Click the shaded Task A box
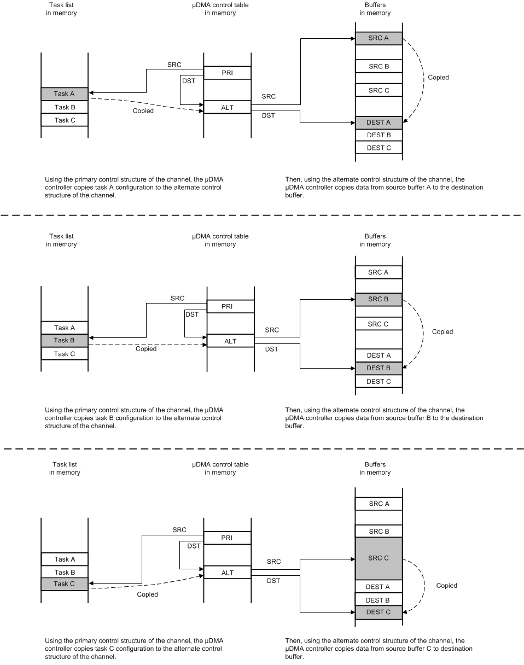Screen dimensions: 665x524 click(65, 94)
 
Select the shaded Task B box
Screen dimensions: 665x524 click(65, 340)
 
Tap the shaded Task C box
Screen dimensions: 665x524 click(65, 584)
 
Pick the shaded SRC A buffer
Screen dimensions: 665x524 click(379, 38)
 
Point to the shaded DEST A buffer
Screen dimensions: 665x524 click(379, 122)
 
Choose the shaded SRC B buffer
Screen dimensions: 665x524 click(379, 299)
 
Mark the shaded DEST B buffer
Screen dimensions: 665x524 click(379, 368)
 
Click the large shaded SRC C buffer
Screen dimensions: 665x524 click(379, 558)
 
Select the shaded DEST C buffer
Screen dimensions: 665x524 click(379, 612)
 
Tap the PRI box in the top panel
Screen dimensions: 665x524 click(227, 73)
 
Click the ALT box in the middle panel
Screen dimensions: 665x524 click(230, 341)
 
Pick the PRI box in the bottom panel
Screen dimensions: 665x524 click(227, 538)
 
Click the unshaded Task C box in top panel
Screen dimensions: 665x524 click(65, 120)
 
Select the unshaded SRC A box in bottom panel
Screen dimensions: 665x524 click(379, 504)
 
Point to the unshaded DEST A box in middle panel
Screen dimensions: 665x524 click(379, 355)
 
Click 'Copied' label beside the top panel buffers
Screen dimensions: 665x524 click(438, 78)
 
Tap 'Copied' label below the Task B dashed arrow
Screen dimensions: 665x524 click(146, 349)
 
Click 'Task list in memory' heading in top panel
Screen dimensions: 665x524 click(61, 9)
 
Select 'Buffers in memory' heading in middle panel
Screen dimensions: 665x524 click(375, 241)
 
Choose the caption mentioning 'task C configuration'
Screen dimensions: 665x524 click(134, 649)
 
